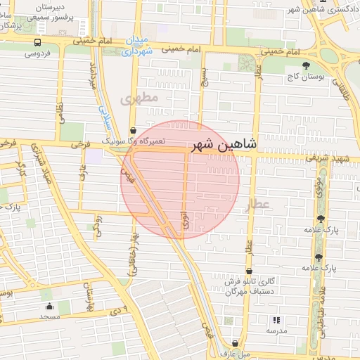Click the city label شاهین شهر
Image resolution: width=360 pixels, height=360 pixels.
224,146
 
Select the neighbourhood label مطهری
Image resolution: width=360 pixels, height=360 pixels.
141,98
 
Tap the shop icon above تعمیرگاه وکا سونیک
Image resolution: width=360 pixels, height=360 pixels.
134,130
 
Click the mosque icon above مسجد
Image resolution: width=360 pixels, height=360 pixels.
49,307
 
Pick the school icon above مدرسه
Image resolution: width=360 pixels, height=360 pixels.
274,319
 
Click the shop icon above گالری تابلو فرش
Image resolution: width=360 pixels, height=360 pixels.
248,272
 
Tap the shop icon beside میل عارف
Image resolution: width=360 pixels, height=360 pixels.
235,344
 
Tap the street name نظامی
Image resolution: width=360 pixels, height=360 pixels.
60,112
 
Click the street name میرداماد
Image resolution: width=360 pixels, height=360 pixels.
91,74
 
